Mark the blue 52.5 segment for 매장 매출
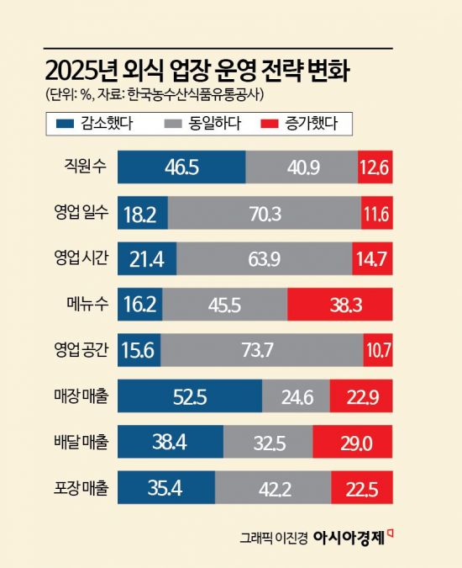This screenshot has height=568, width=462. [190, 396]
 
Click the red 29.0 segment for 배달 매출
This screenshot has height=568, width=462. [352, 441]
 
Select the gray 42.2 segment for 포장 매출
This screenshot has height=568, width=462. [273, 487]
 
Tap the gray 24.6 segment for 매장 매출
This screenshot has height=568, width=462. [296, 396]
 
